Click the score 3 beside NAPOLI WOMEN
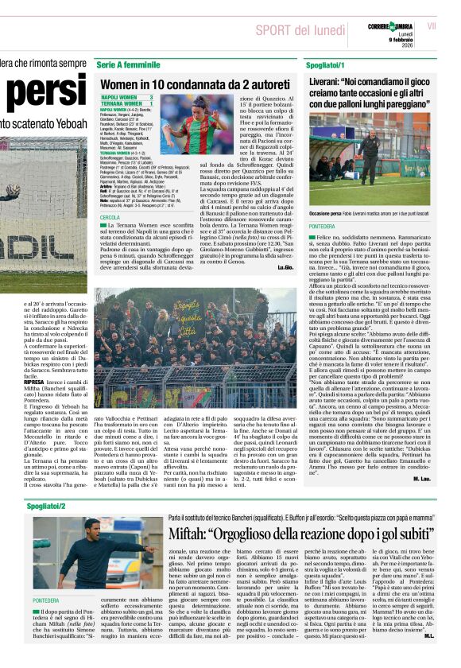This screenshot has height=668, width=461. [x=150, y=96]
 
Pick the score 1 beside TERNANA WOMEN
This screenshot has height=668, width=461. [x=150, y=103]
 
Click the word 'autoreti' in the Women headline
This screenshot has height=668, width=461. [x=267, y=83]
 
